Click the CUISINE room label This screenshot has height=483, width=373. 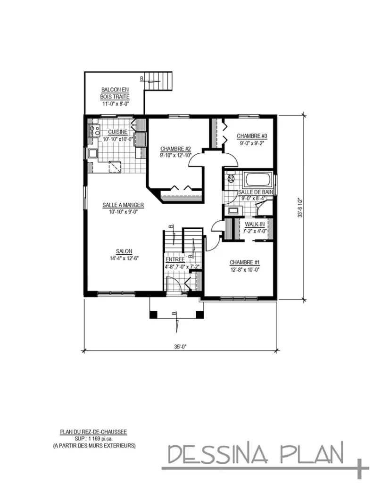(x=117, y=132)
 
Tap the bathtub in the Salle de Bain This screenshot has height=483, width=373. (x=257, y=181)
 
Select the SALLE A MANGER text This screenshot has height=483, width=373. (x=123, y=205)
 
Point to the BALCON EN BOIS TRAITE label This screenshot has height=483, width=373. (x=115, y=93)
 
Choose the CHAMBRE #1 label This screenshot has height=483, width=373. (x=245, y=262)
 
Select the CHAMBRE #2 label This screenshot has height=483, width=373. (x=175, y=148)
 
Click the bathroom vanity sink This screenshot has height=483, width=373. (x=233, y=211)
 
